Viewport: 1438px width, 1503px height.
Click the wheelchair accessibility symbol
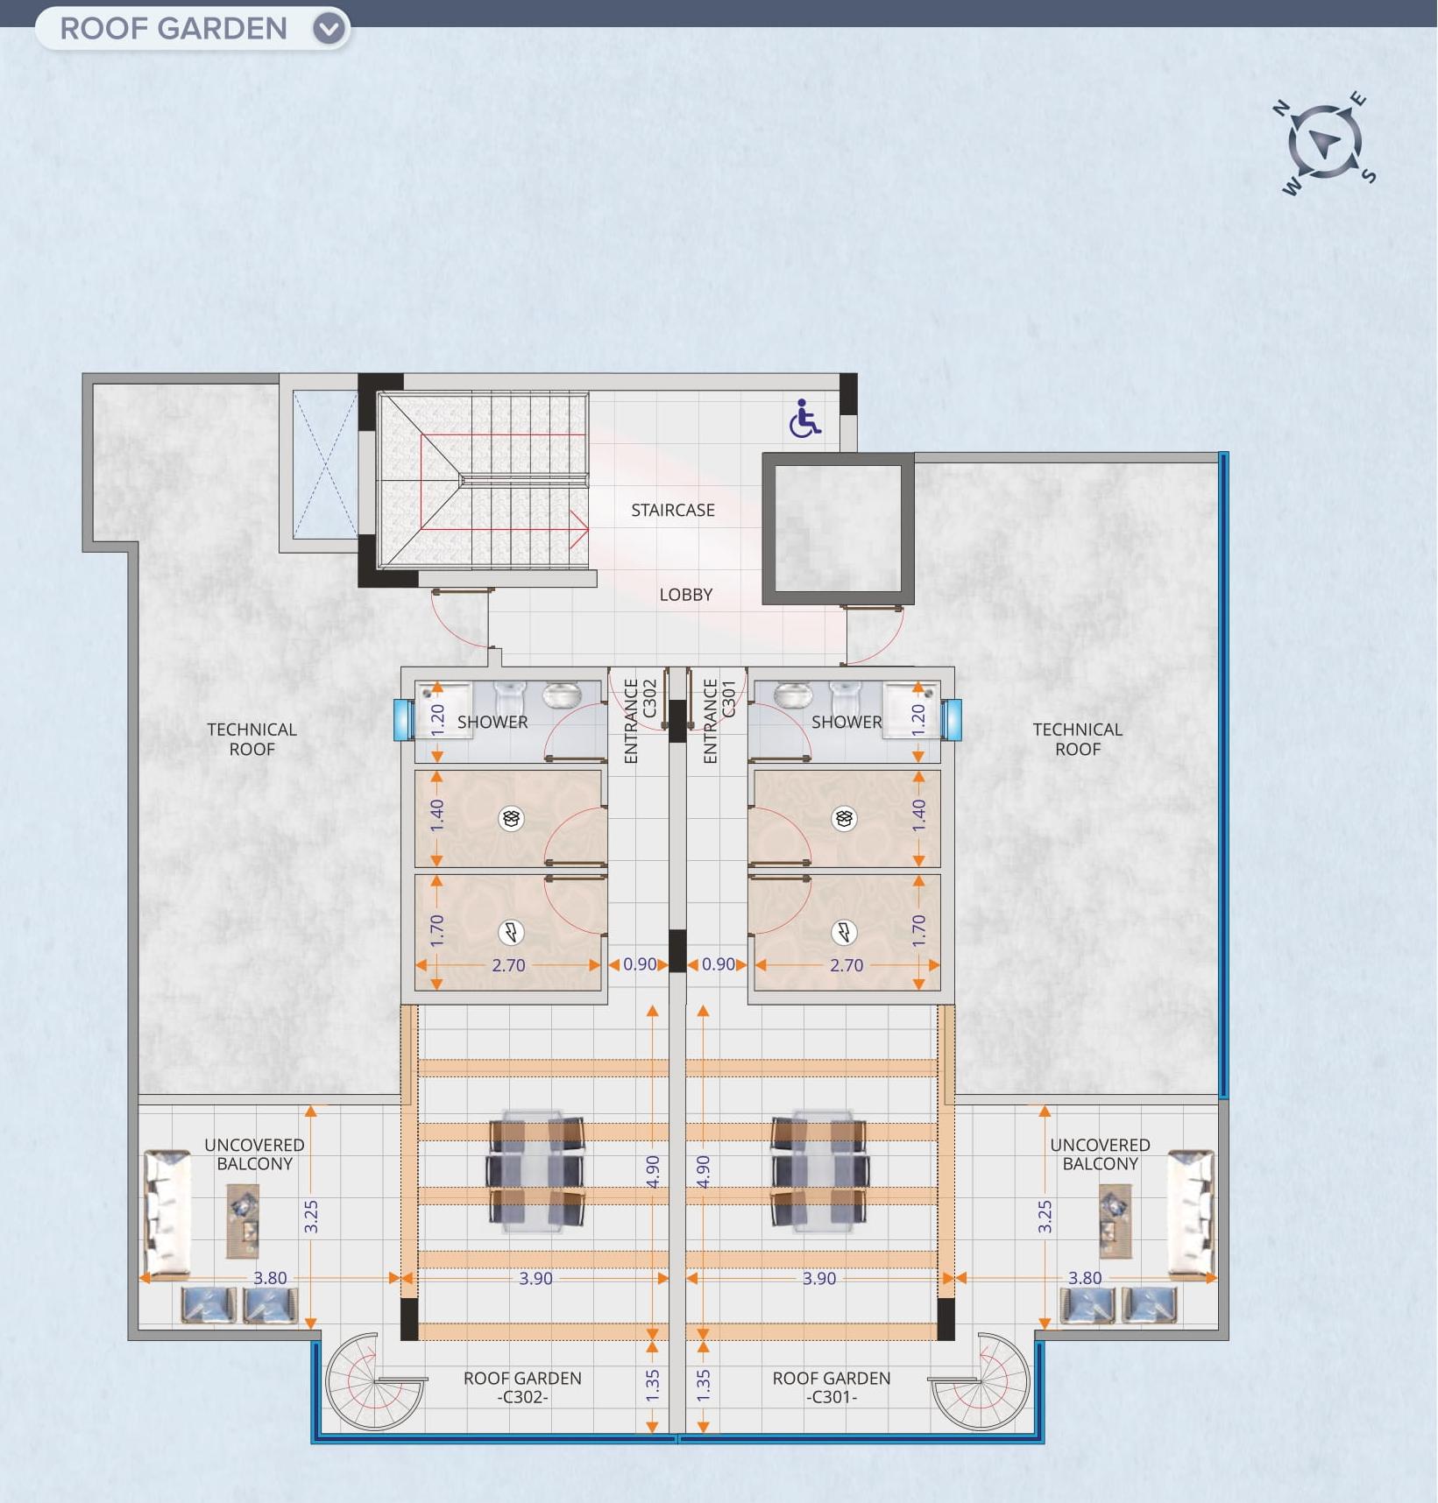[804, 420]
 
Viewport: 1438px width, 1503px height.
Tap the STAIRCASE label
[672, 510]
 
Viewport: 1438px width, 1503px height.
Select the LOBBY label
[685, 595]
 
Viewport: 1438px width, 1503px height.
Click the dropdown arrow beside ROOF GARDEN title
[329, 29]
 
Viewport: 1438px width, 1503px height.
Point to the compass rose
[1324, 143]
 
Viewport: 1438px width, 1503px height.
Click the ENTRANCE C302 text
[640, 720]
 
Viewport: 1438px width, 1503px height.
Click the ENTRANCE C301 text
[719, 720]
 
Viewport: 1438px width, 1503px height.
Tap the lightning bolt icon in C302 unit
[511, 932]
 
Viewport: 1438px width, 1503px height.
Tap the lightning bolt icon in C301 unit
[844, 932]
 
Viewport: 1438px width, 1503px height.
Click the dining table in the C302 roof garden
[536, 1172]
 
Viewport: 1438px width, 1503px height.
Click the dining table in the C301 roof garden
[819, 1172]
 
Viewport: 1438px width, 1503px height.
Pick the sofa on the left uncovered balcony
[166, 1212]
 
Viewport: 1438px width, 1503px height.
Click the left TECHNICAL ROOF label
[251, 739]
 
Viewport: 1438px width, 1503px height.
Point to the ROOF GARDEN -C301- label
[831, 1387]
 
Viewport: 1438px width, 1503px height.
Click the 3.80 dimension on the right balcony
[1084, 1278]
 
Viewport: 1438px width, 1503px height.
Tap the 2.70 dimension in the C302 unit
[508, 965]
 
